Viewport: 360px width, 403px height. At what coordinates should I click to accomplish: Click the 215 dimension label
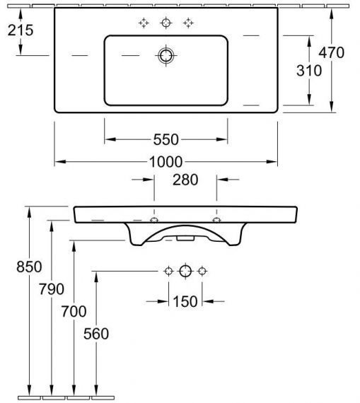point(21,30)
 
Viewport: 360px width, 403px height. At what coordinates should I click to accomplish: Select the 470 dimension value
point(332,52)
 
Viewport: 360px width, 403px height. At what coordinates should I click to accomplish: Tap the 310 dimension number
point(309,71)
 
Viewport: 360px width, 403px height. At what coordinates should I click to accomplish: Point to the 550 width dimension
point(166,139)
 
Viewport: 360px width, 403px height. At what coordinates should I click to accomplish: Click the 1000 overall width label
point(166,162)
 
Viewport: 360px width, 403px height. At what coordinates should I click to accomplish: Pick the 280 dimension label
point(185,180)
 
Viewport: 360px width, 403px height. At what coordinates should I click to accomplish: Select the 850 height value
point(29,267)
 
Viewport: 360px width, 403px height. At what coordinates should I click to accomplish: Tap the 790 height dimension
point(52,289)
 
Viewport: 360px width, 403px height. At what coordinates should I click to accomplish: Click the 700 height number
point(74,311)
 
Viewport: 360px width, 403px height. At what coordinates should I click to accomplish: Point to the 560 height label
point(96,334)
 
